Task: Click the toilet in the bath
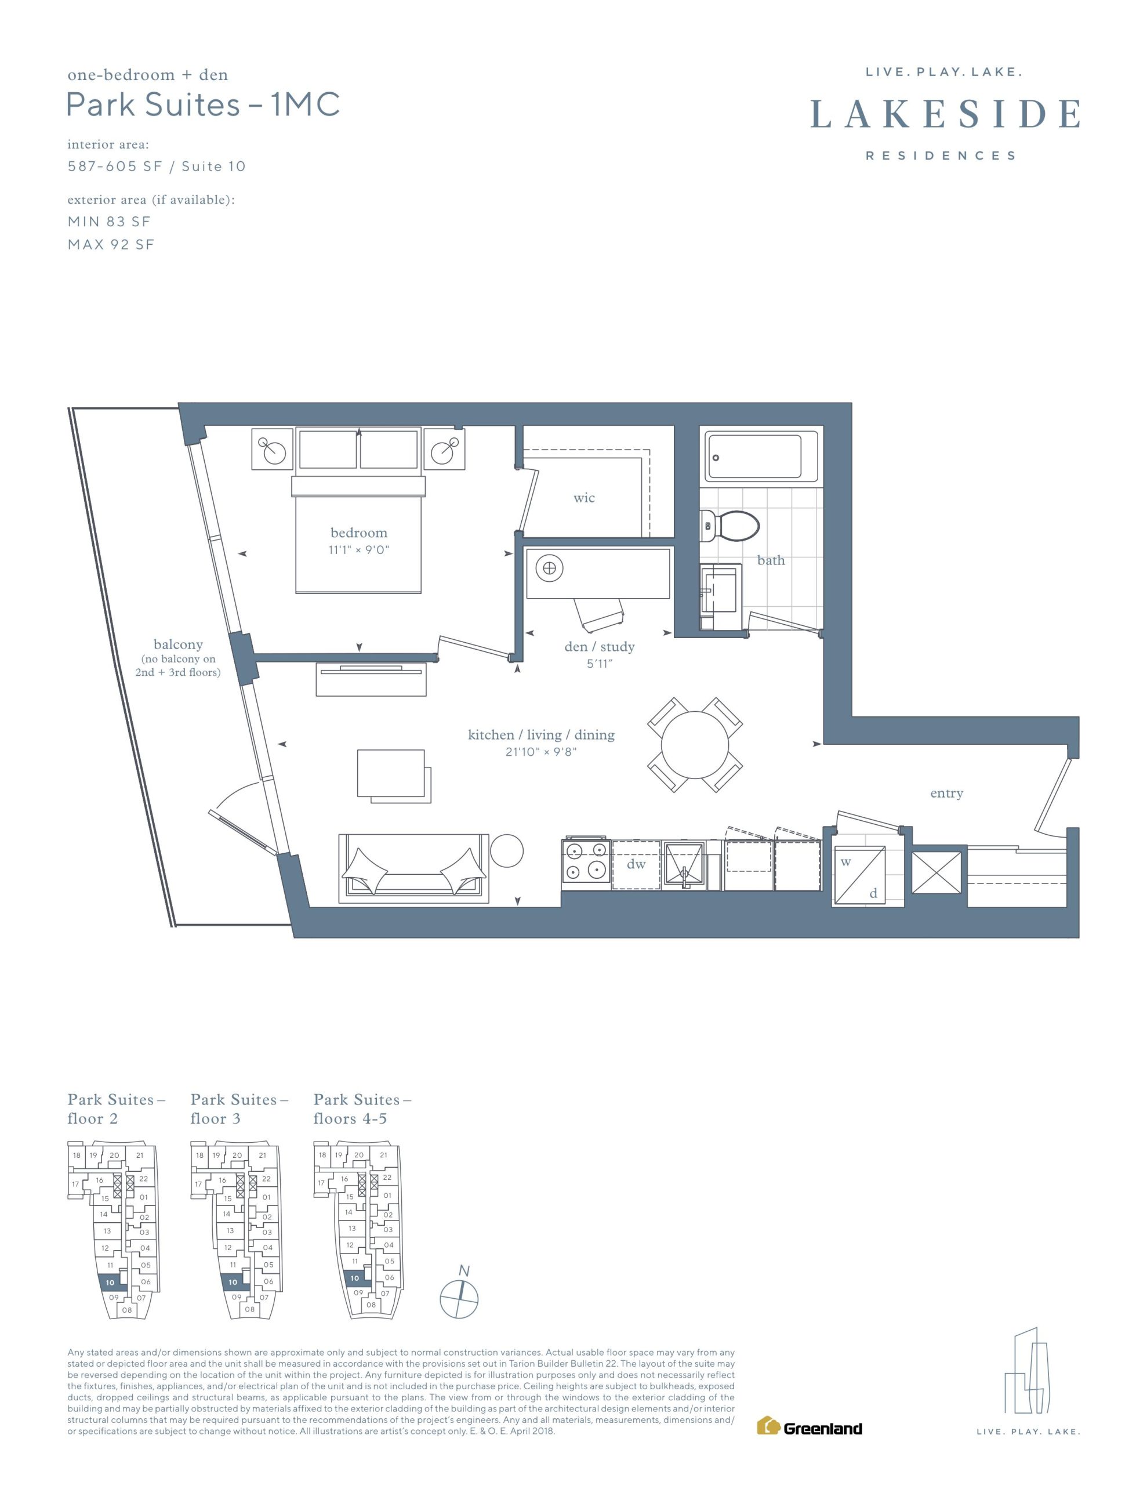click(729, 526)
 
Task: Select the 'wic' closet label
click(584, 498)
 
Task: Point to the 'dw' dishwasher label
click(636, 864)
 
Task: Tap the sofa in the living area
click(413, 868)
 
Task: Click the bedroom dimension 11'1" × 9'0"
click(358, 549)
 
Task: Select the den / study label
click(599, 647)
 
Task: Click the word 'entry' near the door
click(946, 794)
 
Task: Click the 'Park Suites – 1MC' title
click(202, 105)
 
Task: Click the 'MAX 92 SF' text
click(111, 245)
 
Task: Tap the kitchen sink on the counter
click(684, 865)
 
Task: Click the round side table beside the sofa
click(507, 850)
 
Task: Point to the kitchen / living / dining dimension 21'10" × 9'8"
click(540, 751)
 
